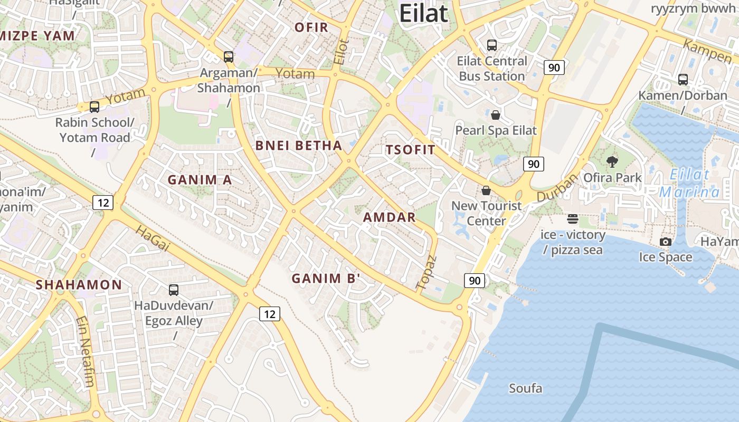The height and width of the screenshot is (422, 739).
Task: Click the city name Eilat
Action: pyautogui.click(x=423, y=13)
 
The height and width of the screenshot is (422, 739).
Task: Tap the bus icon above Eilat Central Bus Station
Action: pyautogui.click(x=492, y=45)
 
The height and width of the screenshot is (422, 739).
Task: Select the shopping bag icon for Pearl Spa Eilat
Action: pyautogui.click(x=496, y=115)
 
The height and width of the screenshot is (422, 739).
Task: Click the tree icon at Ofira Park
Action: pyautogui.click(x=612, y=161)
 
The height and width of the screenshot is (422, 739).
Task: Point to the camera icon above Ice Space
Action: pyautogui.click(x=666, y=242)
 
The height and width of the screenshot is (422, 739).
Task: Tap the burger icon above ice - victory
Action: pyautogui.click(x=573, y=218)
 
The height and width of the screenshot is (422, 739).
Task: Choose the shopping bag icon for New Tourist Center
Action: pyautogui.click(x=486, y=190)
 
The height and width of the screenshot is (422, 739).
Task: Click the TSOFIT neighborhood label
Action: pyautogui.click(x=411, y=150)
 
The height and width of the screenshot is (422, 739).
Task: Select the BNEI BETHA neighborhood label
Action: pyautogui.click(x=299, y=146)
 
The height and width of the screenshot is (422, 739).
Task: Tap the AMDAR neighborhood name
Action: pyautogui.click(x=390, y=217)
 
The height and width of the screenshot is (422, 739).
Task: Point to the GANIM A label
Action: pyautogui.click(x=200, y=180)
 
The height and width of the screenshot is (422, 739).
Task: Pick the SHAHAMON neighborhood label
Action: pyautogui.click(x=79, y=285)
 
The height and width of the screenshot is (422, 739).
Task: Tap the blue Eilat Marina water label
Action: pyautogui.click(x=690, y=183)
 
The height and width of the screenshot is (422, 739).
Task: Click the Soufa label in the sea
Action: pyautogui.click(x=525, y=389)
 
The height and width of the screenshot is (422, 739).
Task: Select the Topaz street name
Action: pyautogui.click(x=427, y=273)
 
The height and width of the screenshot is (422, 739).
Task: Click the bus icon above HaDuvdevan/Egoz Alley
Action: pyautogui.click(x=174, y=290)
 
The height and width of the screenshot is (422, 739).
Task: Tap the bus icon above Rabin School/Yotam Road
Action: pyautogui.click(x=94, y=107)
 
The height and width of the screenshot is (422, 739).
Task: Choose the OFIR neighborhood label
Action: pyautogui.click(x=311, y=27)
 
